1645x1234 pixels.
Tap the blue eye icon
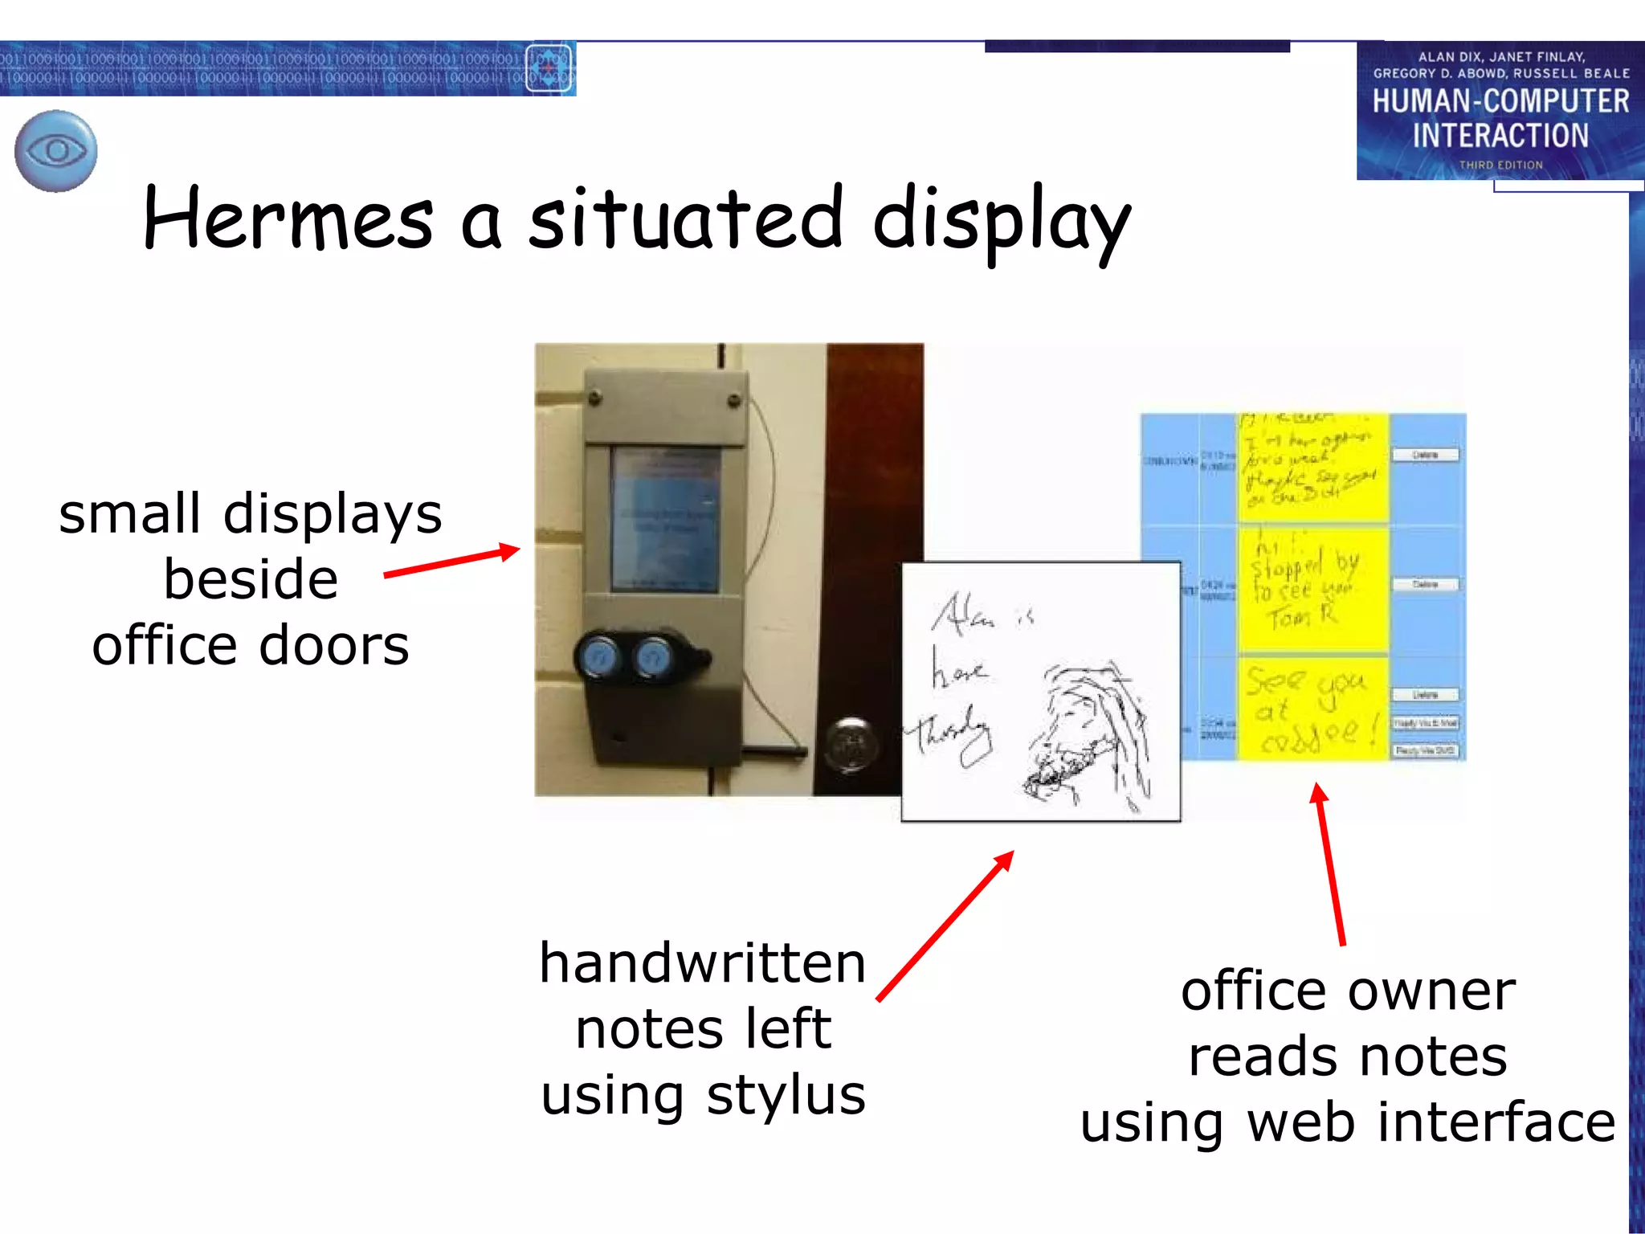point(56,151)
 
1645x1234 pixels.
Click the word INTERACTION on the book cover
point(1500,135)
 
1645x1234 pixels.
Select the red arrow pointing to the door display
point(452,562)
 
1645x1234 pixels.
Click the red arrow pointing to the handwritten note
point(945,926)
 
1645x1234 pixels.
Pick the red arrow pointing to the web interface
point(1329,864)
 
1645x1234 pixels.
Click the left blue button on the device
point(599,659)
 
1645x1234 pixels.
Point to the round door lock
point(850,743)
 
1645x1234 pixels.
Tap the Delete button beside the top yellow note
point(1425,456)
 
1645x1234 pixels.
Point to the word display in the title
point(1001,220)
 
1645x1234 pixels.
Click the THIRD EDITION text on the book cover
point(1500,165)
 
